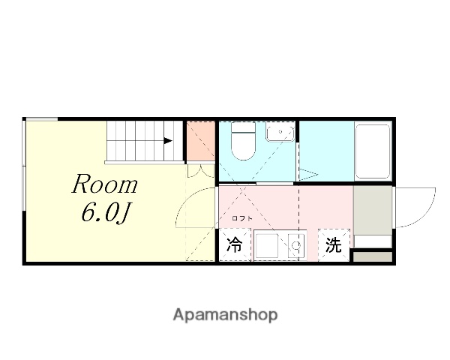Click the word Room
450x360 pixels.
(104, 184)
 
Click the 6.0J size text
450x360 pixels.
(106, 214)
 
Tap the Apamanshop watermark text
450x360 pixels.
(225, 315)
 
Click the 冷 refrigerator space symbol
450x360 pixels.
(235, 245)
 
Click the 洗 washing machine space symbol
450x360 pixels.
(333, 245)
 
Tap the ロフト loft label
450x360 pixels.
(241, 218)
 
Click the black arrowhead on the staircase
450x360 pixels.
(169, 140)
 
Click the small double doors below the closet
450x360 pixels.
(200, 169)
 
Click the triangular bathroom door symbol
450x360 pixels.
(307, 174)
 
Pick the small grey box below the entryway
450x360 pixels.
(372, 257)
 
